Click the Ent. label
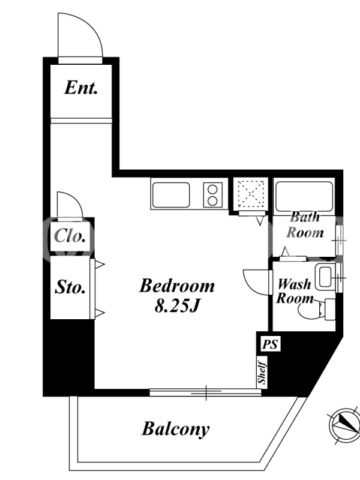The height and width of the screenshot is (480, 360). pos(81,88)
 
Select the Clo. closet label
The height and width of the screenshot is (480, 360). pos(70,236)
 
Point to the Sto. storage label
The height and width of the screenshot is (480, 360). pos(70,287)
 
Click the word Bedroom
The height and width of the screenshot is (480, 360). pos(177,286)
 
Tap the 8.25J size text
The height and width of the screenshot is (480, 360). pos(177,305)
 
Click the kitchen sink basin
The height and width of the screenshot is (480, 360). pos(171,194)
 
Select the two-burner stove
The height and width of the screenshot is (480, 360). pos(212,194)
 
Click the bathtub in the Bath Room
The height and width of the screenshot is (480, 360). pos(304,197)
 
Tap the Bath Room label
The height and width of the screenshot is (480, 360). pos(305,225)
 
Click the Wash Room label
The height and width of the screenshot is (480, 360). pos(295,291)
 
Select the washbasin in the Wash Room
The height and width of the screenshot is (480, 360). pos(325,278)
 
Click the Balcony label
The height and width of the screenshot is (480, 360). pos(176,429)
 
